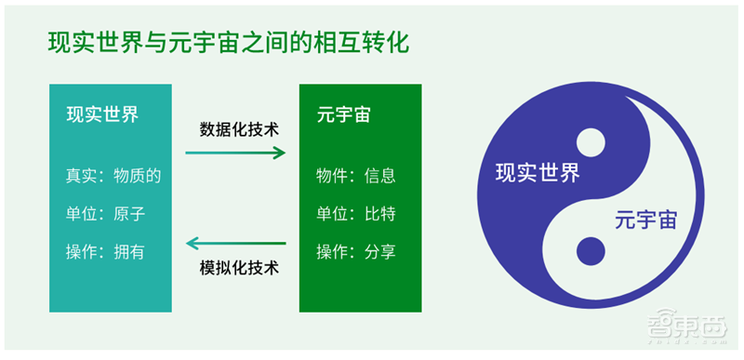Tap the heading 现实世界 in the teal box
click(x=102, y=114)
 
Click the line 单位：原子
click(x=105, y=214)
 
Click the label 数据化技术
click(x=239, y=128)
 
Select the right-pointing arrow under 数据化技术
click(x=236, y=153)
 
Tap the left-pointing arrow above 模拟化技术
click(x=236, y=245)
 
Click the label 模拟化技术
click(x=239, y=269)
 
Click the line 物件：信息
click(x=356, y=176)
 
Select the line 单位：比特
click(x=356, y=214)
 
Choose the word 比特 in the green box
click(x=380, y=214)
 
